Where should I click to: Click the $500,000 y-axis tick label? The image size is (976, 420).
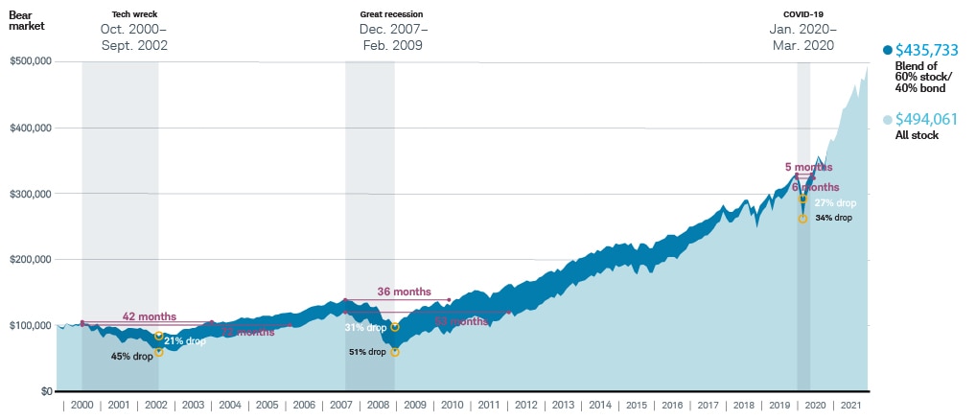(x=30, y=61)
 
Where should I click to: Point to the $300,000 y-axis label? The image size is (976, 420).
(x=30, y=194)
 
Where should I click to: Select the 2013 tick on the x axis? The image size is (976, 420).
(x=562, y=406)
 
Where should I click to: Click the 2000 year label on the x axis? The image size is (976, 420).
(x=82, y=406)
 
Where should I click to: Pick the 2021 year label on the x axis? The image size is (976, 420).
(x=849, y=406)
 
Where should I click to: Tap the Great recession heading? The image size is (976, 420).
(x=391, y=15)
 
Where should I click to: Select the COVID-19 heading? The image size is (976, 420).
(x=802, y=15)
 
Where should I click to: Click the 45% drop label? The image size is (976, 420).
(x=131, y=356)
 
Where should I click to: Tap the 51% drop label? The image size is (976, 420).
(x=368, y=352)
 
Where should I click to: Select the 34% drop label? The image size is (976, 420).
(x=833, y=218)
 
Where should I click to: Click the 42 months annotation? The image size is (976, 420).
(x=149, y=316)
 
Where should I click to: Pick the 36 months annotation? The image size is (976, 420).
(x=404, y=292)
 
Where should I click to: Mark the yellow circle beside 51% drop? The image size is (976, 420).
(x=394, y=352)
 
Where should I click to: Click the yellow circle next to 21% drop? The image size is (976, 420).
(x=158, y=336)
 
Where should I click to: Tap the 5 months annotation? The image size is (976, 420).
(x=808, y=167)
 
